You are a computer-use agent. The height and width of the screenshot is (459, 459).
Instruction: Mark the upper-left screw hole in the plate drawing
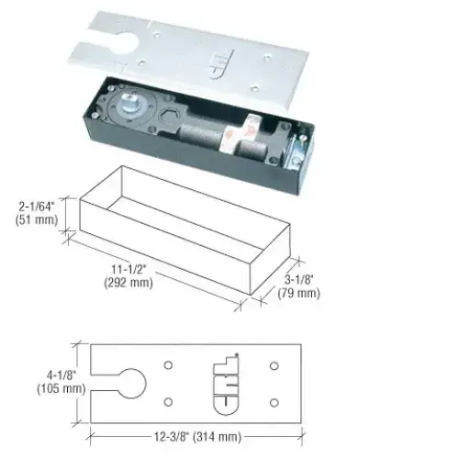(x=168, y=365)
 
